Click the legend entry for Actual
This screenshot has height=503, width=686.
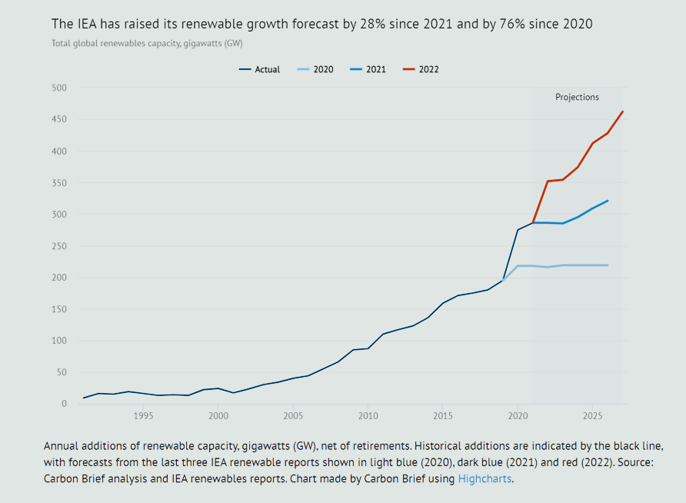click(260, 69)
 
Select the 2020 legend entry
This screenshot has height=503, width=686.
click(315, 69)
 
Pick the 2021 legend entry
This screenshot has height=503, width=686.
click(368, 69)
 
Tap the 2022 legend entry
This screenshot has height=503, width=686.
click(421, 69)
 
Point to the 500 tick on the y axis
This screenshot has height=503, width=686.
click(60, 88)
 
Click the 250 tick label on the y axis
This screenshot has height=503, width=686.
click(60, 246)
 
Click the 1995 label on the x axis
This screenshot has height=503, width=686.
click(143, 416)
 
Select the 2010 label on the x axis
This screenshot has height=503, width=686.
click(368, 416)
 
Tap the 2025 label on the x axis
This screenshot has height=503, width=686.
click(592, 416)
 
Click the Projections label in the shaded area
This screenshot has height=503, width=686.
click(577, 98)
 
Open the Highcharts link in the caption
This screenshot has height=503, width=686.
click(485, 479)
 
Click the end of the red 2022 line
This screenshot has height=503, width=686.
click(622, 112)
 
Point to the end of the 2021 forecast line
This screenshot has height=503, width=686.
click(608, 201)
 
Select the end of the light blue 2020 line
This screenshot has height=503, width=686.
click(608, 265)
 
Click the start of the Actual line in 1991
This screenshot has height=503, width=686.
click(84, 398)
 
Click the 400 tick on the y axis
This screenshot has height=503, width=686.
click(60, 152)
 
